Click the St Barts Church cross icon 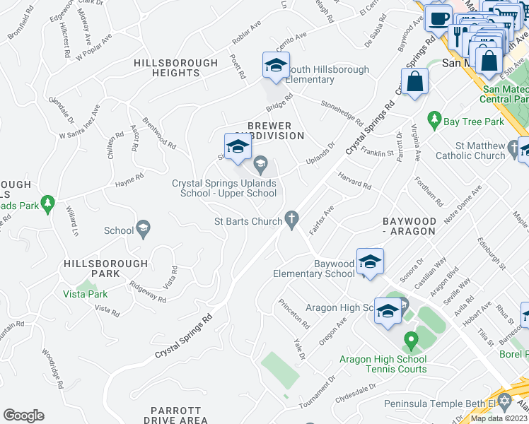tap(291, 220)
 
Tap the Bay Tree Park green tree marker tap(434, 121)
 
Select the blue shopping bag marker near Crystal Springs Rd tap(415, 82)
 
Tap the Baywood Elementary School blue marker tap(370, 263)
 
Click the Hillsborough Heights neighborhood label tap(176, 68)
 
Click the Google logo tap(23, 416)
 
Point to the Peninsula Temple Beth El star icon tap(503, 404)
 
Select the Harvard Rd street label tap(354, 181)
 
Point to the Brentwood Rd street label tap(158, 132)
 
